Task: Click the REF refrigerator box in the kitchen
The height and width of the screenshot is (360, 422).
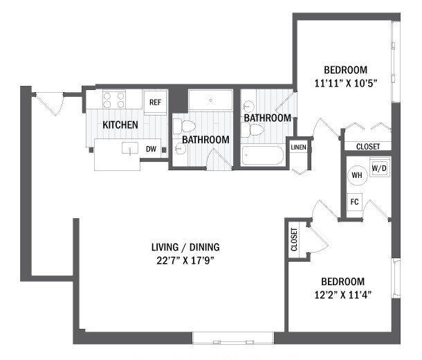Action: tap(155, 102)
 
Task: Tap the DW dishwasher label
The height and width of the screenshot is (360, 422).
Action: tap(151, 149)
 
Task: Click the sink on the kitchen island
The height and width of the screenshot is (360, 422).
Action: tap(128, 147)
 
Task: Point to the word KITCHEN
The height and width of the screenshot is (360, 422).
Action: tap(120, 125)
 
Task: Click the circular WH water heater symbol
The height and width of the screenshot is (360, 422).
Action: tap(357, 175)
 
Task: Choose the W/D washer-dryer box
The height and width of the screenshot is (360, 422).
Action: tap(378, 168)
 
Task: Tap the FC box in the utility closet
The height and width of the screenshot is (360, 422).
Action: tap(354, 203)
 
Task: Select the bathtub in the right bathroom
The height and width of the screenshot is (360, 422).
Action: tap(264, 156)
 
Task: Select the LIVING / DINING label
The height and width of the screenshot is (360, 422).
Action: tap(190, 247)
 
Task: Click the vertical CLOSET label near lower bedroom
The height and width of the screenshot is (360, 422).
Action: tap(295, 240)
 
